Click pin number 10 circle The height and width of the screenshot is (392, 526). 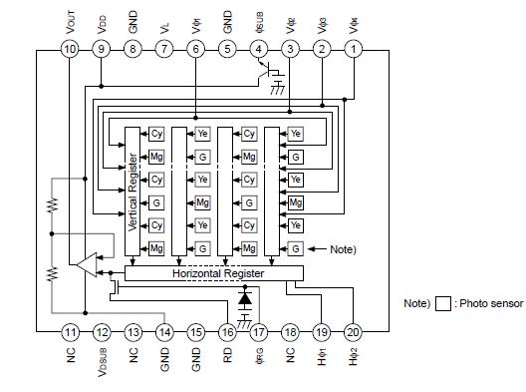pyautogui.click(x=70, y=49)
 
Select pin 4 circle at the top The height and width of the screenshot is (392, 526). pyautogui.click(x=259, y=49)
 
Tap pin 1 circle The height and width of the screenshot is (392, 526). pyautogui.click(x=353, y=49)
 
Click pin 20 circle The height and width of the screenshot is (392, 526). pyautogui.click(x=353, y=332)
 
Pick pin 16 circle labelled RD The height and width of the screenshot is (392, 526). pyautogui.click(x=227, y=332)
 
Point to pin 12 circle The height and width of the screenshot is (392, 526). pyautogui.click(x=102, y=332)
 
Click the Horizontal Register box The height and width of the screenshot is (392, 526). pyautogui.click(x=217, y=272)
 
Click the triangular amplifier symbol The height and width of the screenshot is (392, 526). pyautogui.click(x=87, y=264)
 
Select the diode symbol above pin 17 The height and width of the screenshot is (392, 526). pyautogui.click(x=245, y=297)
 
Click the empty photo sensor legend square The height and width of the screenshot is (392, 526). pyautogui.click(x=444, y=304)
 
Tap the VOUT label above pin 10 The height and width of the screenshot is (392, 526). pyautogui.click(x=69, y=21)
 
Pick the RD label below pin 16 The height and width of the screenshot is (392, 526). pyautogui.click(x=227, y=354)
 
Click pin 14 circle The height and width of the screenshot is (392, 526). pyautogui.click(x=164, y=332)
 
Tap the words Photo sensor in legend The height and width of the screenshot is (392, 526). pyautogui.click(x=491, y=304)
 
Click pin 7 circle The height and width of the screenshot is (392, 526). pyautogui.click(x=164, y=49)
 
